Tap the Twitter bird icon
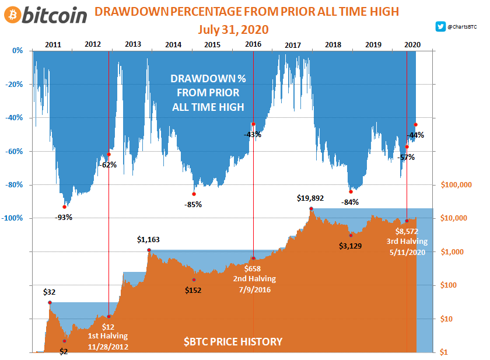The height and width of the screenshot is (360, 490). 440,26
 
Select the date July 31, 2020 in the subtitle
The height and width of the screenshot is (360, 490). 233,30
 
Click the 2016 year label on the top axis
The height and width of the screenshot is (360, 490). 253,44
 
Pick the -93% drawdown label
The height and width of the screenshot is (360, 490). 64,218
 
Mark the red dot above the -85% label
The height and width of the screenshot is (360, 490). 194,194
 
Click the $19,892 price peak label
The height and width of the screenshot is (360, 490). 310,198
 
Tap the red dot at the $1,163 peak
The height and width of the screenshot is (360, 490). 149,250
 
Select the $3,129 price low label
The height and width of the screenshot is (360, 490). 350,246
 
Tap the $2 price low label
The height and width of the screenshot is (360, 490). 64,351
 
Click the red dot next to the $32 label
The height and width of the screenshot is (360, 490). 50,302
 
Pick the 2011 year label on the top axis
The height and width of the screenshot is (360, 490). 53,44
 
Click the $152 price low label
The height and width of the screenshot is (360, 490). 193,290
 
